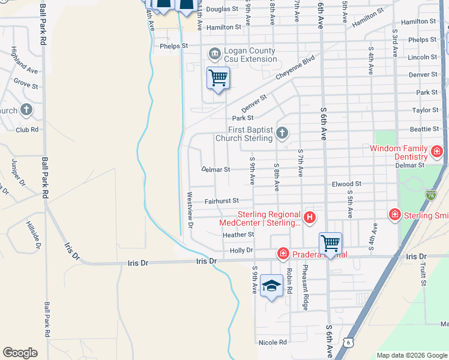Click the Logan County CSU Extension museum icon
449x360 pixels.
click(x=214, y=55)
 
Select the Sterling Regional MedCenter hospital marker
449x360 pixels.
click(x=310, y=217)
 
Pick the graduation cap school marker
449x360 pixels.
click(x=271, y=286)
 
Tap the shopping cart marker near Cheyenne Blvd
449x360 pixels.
click(x=218, y=77)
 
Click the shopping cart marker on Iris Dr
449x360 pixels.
click(x=330, y=243)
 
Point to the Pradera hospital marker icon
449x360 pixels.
click(x=283, y=254)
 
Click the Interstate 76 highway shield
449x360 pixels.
click(x=430, y=194)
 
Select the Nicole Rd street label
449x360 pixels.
click(x=273, y=343)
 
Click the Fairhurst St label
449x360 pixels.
click(x=221, y=200)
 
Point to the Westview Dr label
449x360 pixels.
click(x=190, y=210)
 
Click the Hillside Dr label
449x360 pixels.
click(x=33, y=234)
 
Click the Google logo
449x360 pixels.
click(x=20, y=353)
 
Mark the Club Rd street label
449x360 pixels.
click(x=27, y=130)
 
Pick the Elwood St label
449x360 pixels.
click(x=346, y=184)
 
